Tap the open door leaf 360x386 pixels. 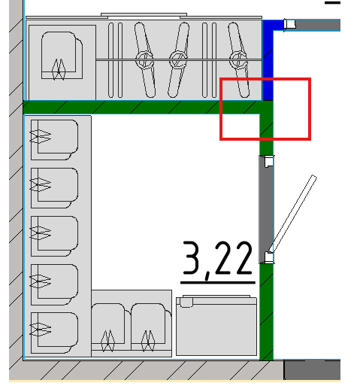click(293, 214)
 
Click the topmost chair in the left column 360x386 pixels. click(54, 140)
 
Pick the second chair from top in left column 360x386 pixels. click(54, 188)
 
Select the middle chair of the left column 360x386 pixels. click(54, 236)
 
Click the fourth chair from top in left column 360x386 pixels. click(54, 284)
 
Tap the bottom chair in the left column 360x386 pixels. click(54, 333)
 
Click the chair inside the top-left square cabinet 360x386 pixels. click(62, 56)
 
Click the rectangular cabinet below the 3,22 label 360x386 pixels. click(216, 326)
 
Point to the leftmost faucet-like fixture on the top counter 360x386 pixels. click(144, 60)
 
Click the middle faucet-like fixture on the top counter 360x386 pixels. click(179, 60)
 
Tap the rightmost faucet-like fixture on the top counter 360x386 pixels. click(238, 60)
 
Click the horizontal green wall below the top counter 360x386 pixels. click(141, 108)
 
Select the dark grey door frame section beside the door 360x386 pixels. click(266, 209)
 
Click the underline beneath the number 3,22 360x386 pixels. click(218, 283)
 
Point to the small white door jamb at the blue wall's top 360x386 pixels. click(289, 24)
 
